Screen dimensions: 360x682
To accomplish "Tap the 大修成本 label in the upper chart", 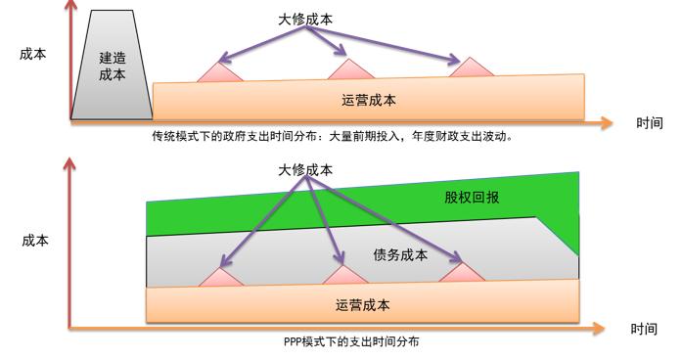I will (305, 19).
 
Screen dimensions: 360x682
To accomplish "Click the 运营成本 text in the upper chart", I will (369, 100).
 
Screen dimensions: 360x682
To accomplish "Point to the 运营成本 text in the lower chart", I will (362, 305).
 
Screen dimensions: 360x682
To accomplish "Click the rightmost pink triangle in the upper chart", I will (471, 67).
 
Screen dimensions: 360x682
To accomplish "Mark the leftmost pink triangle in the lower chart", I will (220, 279).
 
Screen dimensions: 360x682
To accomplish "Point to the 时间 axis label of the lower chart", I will (644, 330).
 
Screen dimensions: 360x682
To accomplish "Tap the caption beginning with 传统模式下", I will (333, 136).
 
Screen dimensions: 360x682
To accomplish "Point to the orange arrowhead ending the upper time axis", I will (608, 122).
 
